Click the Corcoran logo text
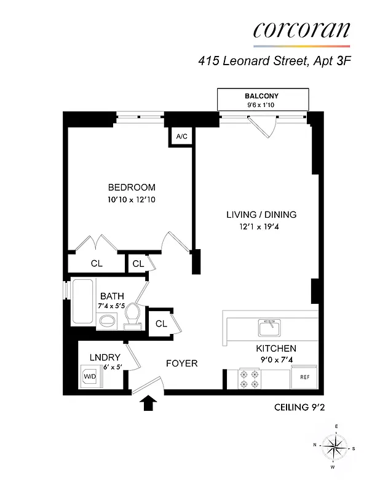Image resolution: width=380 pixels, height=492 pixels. click(x=301, y=30)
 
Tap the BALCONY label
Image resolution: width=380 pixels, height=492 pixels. click(x=262, y=97)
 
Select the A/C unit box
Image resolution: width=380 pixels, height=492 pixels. click(x=181, y=137)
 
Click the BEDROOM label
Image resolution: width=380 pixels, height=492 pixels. click(x=131, y=188)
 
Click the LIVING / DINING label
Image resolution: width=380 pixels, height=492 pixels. click(x=261, y=215)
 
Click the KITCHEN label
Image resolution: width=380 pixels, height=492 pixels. click(x=276, y=348)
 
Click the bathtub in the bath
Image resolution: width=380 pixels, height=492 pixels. click(x=82, y=301)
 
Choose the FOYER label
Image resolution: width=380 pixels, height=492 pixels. click(x=181, y=363)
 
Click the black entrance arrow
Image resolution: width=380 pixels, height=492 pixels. click(x=148, y=403)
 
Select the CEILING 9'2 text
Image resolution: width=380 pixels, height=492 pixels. click(x=297, y=407)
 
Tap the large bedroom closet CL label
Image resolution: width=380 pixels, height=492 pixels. click(x=97, y=263)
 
